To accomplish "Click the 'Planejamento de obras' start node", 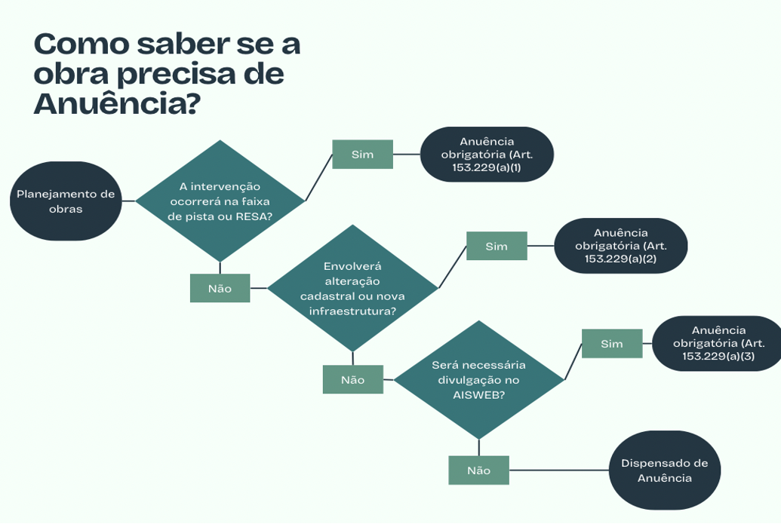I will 66,201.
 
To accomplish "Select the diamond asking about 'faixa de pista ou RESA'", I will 220,201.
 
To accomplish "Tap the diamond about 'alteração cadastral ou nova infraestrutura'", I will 352,288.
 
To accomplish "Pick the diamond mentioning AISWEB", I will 478,379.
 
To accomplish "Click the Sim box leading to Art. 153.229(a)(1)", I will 362,155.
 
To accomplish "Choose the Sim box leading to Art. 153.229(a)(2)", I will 497,247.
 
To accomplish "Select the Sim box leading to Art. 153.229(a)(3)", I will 612,344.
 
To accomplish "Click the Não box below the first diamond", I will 220,288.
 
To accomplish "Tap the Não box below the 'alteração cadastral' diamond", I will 352,379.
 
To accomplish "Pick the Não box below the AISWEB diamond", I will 478,470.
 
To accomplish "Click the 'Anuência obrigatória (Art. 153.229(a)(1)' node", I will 487,155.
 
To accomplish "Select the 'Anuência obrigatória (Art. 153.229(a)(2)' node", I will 620,246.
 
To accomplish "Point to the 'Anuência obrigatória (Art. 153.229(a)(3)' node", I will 718,343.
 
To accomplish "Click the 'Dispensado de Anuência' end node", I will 664,470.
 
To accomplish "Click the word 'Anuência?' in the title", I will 117,104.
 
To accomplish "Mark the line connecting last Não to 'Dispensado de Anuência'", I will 558,470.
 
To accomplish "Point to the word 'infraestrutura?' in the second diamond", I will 352,311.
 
